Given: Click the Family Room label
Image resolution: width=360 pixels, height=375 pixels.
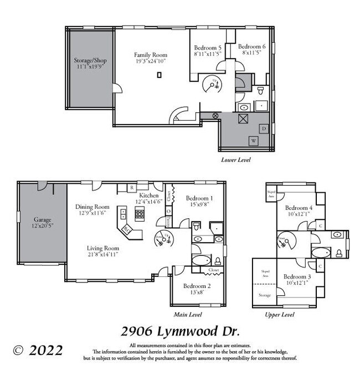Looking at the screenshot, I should [150, 55].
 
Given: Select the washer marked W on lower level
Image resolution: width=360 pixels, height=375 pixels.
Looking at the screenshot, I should [254, 140].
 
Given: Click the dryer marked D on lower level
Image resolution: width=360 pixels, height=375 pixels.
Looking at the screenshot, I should [264, 129].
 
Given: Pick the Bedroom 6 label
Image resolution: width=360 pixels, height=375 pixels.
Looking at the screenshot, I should [252, 47].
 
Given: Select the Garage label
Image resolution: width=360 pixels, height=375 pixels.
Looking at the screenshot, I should [42, 219].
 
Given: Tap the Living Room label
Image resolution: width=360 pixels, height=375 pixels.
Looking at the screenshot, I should [103, 248].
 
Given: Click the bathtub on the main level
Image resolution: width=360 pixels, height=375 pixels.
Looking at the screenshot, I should [201, 260].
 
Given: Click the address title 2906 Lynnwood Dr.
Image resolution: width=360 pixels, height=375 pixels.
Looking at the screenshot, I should [180, 332].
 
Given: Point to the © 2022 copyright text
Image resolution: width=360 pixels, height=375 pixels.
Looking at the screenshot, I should [38, 350].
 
